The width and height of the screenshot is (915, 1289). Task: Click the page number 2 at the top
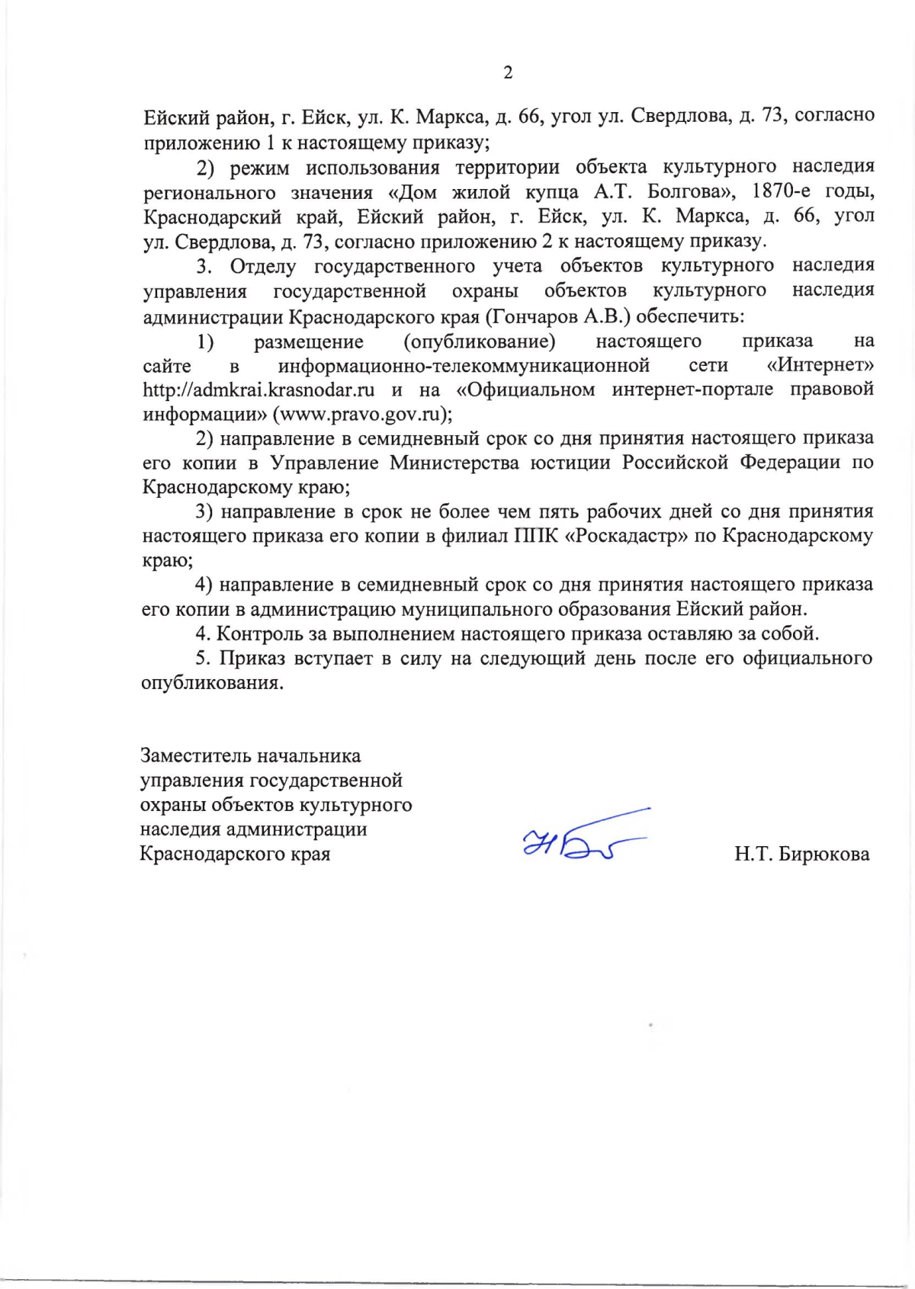[x=508, y=73]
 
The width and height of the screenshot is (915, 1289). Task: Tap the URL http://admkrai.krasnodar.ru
[x=258, y=390]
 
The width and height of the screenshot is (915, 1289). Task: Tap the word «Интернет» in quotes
[x=820, y=365]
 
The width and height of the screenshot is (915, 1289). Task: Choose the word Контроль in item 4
[x=258, y=634]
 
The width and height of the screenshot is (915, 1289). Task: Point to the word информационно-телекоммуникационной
[x=464, y=366]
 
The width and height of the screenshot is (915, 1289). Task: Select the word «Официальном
[x=525, y=390]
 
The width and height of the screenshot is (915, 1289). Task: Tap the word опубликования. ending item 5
[x=213, y=683]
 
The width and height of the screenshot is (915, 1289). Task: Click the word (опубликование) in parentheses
[x=480, y=341]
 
